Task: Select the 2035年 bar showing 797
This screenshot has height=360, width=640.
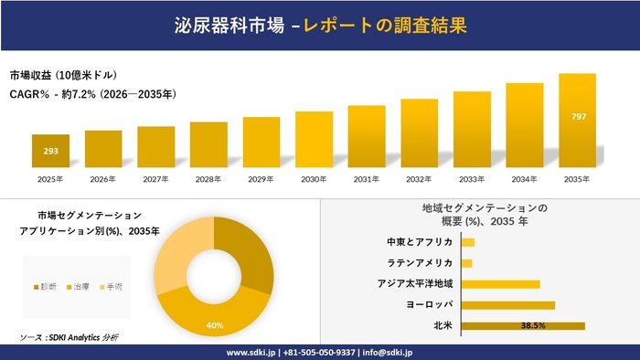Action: coord(577,123)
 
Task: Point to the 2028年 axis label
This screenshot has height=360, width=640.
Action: coord(208,179)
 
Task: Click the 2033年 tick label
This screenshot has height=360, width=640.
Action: coord(472,179)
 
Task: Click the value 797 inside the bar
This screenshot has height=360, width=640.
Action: coord(579,116)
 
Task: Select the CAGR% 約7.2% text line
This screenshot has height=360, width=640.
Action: coord(93,94)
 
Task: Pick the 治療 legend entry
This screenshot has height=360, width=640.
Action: coord(81,287)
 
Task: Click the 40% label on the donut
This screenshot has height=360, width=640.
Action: coord(215,325)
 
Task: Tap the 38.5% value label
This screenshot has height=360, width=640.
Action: coord(533,325)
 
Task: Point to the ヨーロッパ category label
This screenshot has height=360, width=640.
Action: coord(429,304)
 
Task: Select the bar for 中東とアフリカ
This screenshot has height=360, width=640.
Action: coord(468,242)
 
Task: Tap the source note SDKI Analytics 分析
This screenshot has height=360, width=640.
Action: coord(69,338)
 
